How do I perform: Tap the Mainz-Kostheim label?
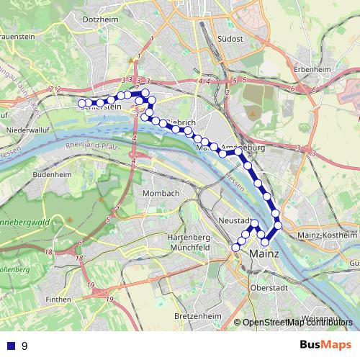point(326,235)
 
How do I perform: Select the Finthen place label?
point(58,299)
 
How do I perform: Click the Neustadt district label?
point(234,220)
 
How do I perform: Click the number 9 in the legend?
point(25,346)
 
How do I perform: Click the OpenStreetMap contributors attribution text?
point(297,323)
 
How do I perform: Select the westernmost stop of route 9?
point(82,103)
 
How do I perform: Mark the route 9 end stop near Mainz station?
point(235,248)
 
